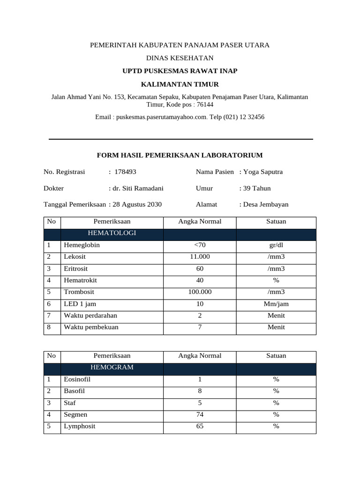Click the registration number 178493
click(x=125, y=172)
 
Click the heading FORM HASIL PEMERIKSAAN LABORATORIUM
click(x=180, y=155)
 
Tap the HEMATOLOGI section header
click(x=112, y=233)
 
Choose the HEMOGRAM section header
click(x=112, y=367)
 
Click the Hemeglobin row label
click(x=82, y=245)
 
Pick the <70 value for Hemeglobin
click(x=200, y=245)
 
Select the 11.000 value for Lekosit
click(x=200, y=257)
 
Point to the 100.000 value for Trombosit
click(x=200, y=292)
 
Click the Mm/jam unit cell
click(x=276, y=304)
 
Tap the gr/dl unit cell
click(x=276, y=245)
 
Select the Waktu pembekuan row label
click(x=91, y=327)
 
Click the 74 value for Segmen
click(x=200, y=415)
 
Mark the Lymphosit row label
click(x=79, y=427)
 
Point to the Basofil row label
click(x=74, y=391)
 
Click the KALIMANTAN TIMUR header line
click(x=180, y=84)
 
